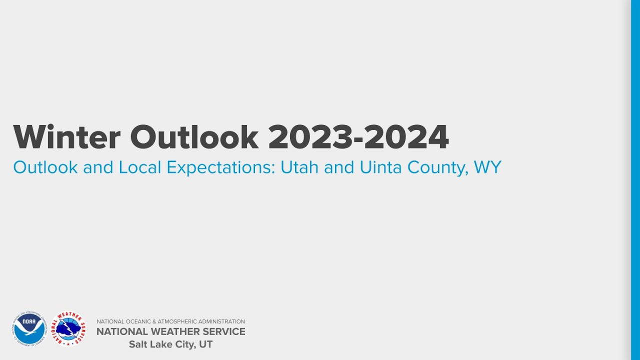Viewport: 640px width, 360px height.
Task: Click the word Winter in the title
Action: click(66, 137)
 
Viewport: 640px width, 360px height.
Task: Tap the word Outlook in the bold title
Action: click(194, 137)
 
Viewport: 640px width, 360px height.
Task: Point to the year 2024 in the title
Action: click(406, 137)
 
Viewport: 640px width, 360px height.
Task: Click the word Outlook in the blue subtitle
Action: click(45, 167)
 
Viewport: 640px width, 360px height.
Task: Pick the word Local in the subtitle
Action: click(140, 167)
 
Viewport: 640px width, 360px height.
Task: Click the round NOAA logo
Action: click(29, 328)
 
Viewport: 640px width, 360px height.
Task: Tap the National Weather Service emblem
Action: click(68, 328)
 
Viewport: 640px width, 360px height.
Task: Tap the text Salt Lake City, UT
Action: click(170, 344)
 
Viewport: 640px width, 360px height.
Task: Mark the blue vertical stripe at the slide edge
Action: click(635, 180)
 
